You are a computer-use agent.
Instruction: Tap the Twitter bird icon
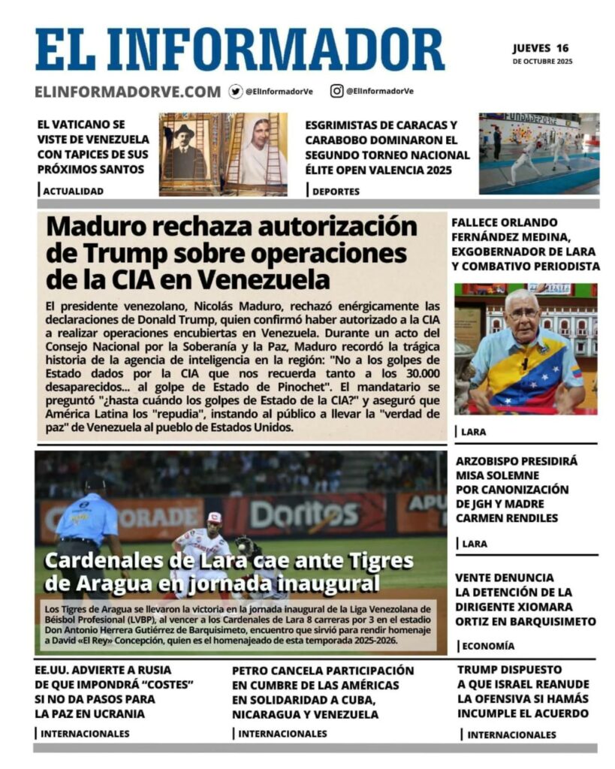coord(236,91)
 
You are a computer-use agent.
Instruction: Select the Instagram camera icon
coord(337,91)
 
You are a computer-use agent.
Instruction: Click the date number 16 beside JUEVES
coord(562,48)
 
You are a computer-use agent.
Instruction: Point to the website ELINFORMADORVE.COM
coord(128,92)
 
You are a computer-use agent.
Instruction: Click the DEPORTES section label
coord(336,191)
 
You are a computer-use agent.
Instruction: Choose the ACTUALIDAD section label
coord(73,191)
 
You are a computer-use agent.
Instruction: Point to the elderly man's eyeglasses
coord(523,315)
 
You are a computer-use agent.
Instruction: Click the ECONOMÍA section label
coord(488,646)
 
